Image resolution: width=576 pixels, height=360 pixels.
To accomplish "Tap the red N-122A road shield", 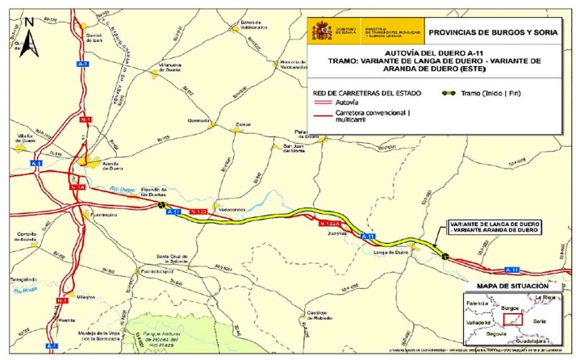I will [x=332, y=222].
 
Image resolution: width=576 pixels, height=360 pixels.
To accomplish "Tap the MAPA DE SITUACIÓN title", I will [x=512, y=287].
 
